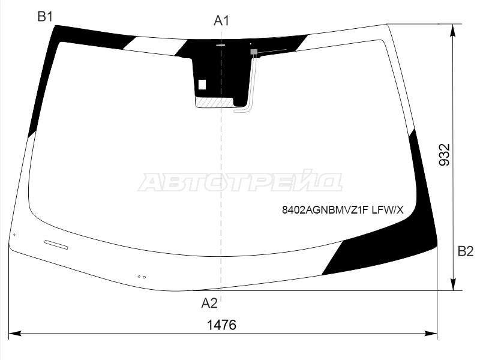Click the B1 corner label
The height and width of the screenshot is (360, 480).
coord(46,17)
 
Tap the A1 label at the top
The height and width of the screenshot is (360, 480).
coord(221,21)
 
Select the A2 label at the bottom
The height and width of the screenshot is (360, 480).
coord(209,303)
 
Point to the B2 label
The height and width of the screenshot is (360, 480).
coord(466,251)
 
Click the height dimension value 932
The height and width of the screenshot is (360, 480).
coord(445,155)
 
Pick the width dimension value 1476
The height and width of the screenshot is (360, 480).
coord(221,325)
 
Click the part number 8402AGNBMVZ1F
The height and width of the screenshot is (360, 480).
coord(325,210)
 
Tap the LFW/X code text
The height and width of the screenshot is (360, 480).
coord(388,210)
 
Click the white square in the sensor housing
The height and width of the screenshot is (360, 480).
coord(202,85)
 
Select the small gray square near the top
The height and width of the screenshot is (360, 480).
coord(254,52)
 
